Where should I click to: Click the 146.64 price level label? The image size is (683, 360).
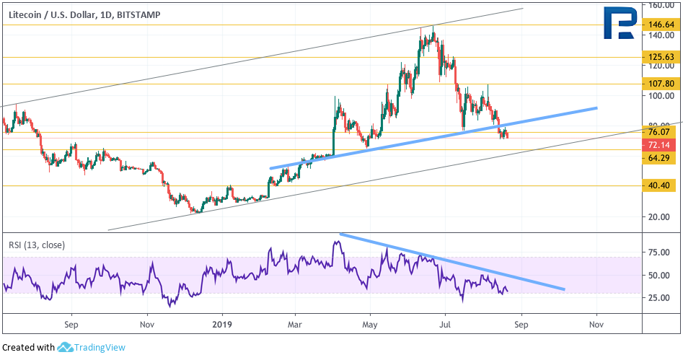pyautogui.click(x=659, y=25)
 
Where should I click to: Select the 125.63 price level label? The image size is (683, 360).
pyautogui.click(x=659, y=57)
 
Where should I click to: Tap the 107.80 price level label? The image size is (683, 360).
pyautogui.click(x=659, y=83)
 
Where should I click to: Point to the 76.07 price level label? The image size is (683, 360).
pyautogui.click(x=659, y=132)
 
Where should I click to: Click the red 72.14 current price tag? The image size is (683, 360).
pyautogui.click(x=659, y=145)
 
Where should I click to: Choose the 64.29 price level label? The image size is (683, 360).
pyautogui.click(x=659, y=158)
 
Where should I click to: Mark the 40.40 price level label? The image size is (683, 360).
pyautogui.click(x=659, y=185)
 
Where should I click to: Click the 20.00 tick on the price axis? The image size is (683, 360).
pyautogui.click(x=659, y=216)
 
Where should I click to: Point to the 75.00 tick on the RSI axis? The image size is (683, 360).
pyautogui.click(x=659, y=253)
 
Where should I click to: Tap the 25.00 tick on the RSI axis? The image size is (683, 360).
pyautogui.click(x=659, y=298)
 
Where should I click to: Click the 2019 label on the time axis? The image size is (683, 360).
pyautogui.click(x=223, y=325)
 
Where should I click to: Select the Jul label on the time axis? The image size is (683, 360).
pyautogui.click(x=445, y=325)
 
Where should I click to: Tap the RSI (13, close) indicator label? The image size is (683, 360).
pyautogui.click(x=37, y=245)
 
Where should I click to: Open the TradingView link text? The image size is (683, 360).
pyautogui.click(x=100, y=347)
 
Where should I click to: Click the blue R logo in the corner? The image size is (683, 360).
pyautogui.click(x=619, y=22)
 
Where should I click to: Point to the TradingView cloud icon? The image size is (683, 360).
pyautogui.click(x=65, y=347)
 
